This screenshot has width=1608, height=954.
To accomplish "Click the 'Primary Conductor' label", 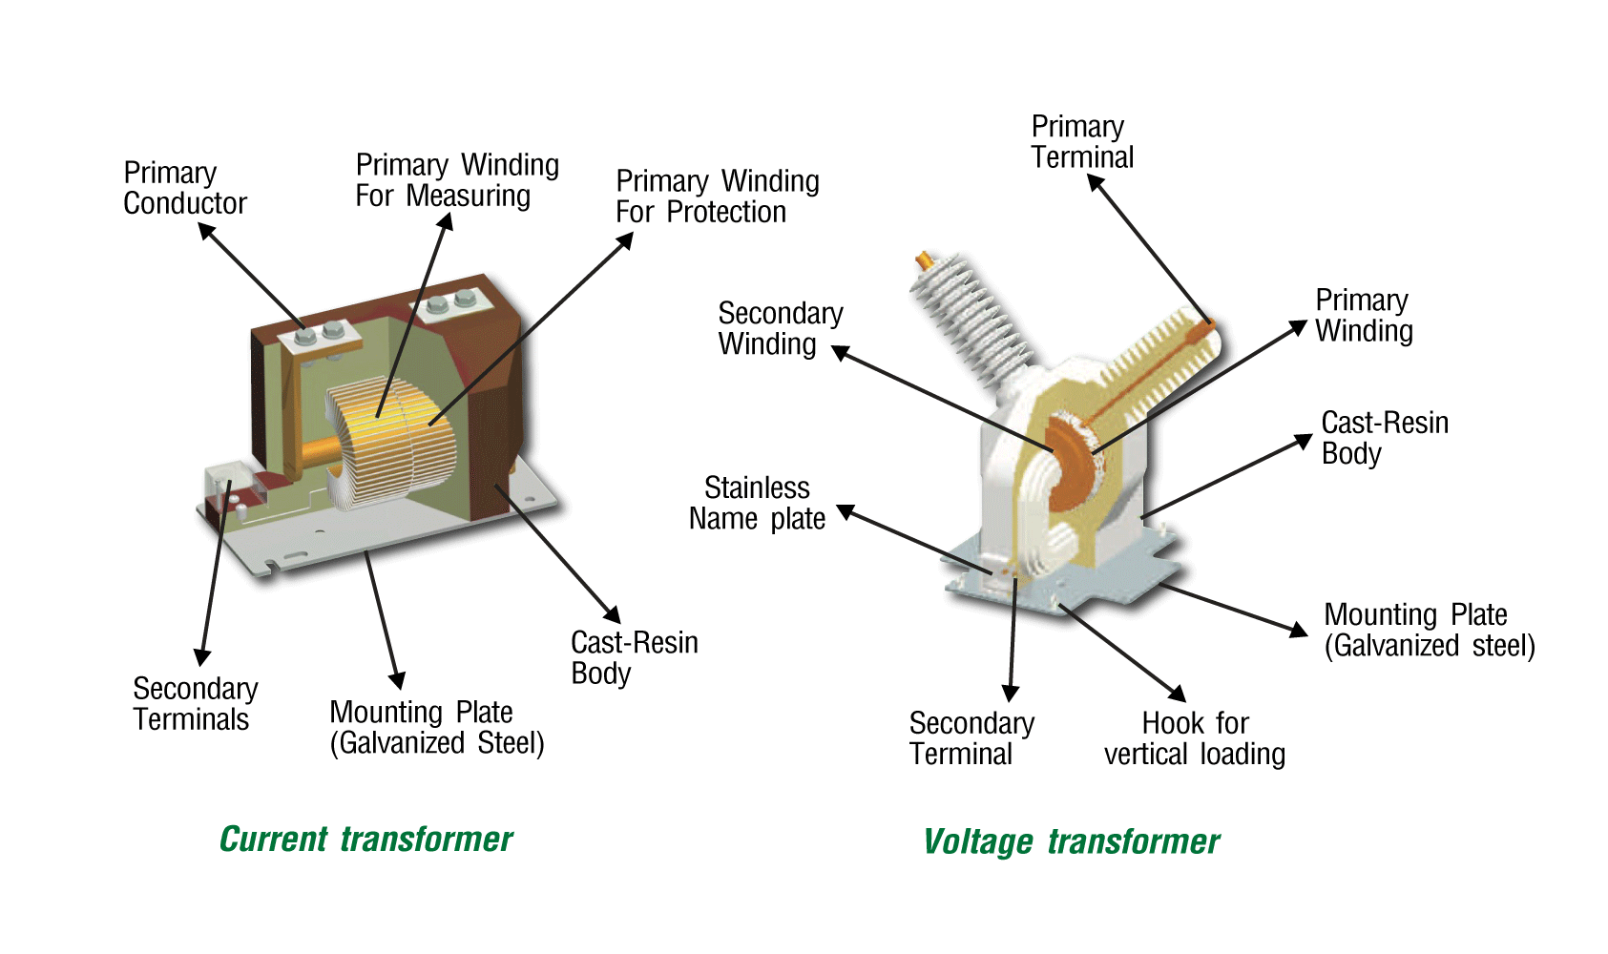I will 184,188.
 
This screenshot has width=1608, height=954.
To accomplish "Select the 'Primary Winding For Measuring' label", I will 456,180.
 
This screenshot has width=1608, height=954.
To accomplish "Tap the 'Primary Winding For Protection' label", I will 717,197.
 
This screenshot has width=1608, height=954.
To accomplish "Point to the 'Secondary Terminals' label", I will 195,704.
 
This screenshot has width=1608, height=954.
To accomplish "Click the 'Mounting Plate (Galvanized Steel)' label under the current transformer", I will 436,728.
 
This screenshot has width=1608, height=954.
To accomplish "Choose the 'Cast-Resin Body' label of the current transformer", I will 634,657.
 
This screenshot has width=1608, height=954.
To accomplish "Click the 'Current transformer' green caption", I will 365,840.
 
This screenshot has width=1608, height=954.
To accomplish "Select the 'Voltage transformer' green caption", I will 1071,842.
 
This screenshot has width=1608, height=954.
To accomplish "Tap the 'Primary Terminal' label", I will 1082,142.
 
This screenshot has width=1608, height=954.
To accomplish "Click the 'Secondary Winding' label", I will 780,329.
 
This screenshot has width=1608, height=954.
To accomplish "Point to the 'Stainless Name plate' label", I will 757,504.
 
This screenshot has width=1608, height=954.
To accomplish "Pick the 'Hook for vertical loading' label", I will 1194,738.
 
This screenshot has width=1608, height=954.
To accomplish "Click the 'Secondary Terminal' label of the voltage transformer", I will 971,738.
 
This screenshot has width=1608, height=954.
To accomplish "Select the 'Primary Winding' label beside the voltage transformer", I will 1364,316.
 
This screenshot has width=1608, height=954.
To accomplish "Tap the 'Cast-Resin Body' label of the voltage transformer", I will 1384,438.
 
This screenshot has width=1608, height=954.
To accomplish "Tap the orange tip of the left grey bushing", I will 925,259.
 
